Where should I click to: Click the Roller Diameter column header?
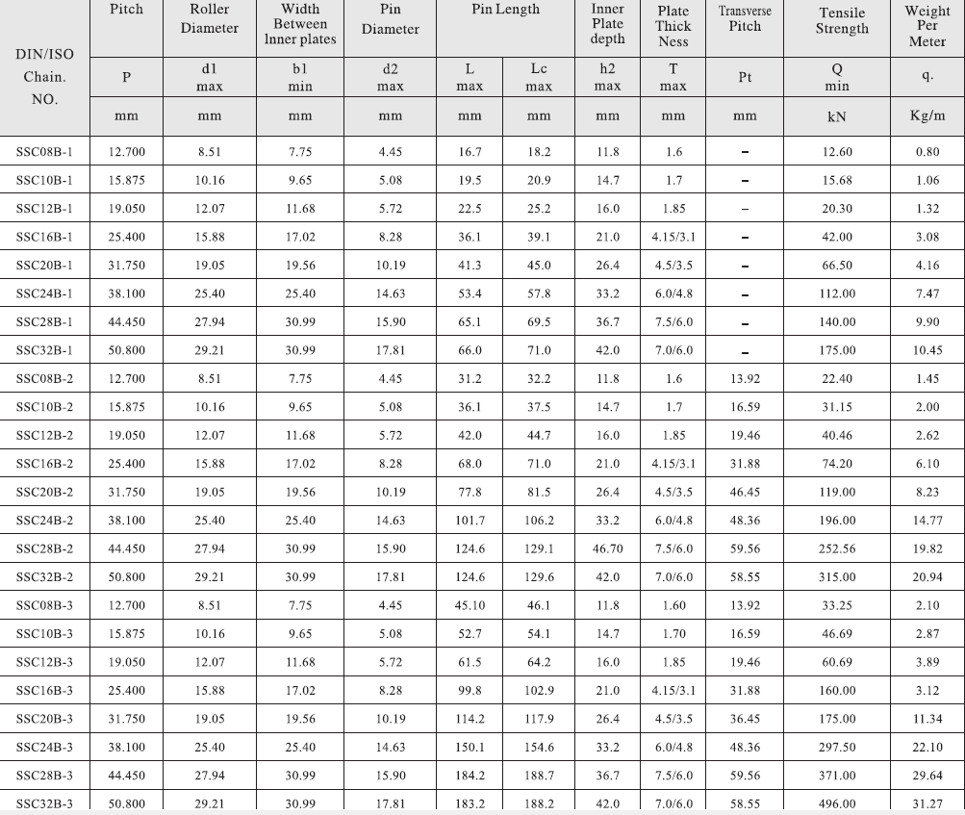[209, 20]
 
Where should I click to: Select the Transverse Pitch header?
[745, 19]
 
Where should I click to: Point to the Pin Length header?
[505, 10]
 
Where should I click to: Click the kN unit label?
[836, 116]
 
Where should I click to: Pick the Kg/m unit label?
[927, 116]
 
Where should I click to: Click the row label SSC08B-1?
[44, 152]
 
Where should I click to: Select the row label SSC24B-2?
[44, 521]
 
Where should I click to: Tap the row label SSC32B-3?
[44, 803]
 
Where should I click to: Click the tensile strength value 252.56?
[836, 548]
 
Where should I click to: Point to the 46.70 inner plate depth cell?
[607, 548]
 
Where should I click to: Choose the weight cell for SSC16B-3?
[927, 691]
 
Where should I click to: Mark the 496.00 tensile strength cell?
[836, 803]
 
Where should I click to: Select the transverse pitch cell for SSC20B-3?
[745, 719]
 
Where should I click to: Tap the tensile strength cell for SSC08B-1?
[836, 152]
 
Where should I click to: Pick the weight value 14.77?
[927, 521]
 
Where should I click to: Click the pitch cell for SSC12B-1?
[126, 209]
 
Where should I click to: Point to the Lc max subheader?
[539, 78]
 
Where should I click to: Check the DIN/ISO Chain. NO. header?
[44, 76]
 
